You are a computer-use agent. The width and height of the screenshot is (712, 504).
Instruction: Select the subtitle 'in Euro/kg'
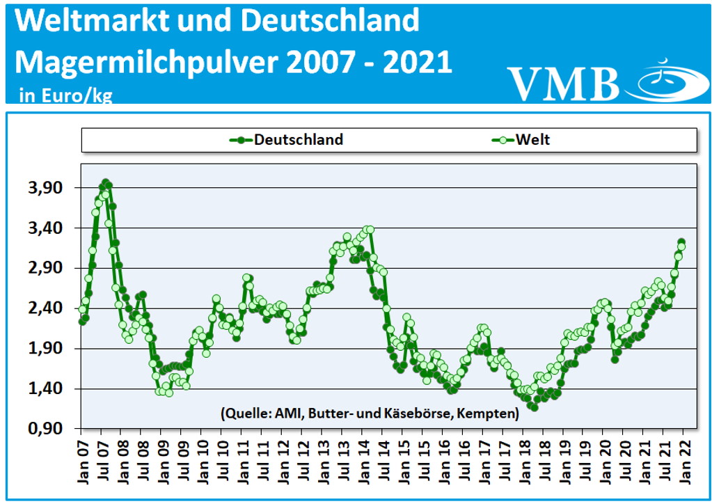click(x=60, y=95)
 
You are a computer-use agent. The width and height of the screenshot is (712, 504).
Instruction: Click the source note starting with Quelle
click(x=369, y=414)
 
